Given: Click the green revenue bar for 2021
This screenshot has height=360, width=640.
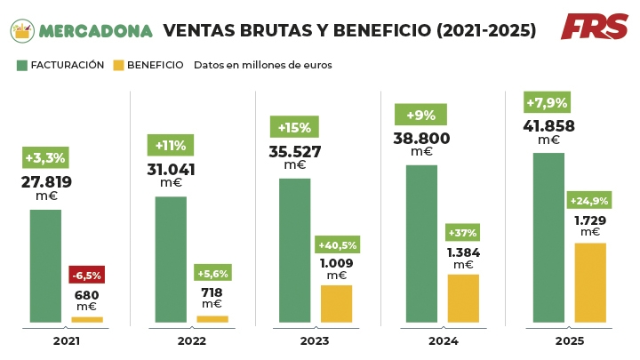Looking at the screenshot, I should click(x=45, y=266).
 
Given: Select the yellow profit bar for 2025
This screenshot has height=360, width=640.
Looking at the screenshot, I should click(x=590, y=282).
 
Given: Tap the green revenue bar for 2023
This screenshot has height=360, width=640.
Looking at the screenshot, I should click(x=294, y=250).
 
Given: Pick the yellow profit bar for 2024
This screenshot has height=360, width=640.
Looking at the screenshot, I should click(x=463, y=298).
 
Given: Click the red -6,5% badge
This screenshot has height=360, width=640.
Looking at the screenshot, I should click(x=86, y=275).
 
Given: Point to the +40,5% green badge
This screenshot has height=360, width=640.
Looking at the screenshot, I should click(x=337, y=245).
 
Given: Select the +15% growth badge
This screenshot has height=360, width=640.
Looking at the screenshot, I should click(x=293, y=126).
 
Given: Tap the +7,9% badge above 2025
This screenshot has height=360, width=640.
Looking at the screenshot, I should click(x=547, y=100).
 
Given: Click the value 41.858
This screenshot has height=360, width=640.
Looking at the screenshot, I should click(x=548, y=126).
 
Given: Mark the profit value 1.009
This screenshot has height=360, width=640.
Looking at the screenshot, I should click(x=337, y=263).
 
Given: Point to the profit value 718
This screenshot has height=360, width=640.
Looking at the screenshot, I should click(x=212, y=292).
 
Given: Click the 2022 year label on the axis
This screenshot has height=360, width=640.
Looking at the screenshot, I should click(x=192, y=341).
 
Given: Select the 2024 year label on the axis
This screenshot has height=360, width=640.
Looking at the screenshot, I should click(x=444, y=341).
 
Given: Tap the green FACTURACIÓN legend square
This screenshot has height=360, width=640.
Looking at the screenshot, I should click(x=22, y=65).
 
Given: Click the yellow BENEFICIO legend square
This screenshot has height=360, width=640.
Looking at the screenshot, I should click(x=119, y=65).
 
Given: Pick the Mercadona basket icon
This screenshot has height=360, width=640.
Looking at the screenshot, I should click(x=22, y=31).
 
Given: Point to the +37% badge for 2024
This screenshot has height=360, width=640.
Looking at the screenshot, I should click(x=463, y=233).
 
